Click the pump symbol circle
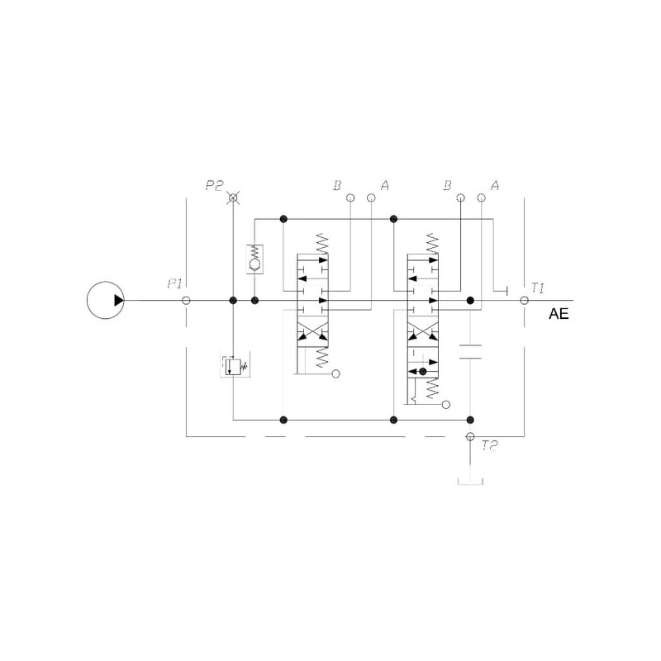(x=88, y=300)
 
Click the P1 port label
(x=174, y=283)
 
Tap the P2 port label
(x=214, y=185)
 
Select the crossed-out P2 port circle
(x=233, y=197)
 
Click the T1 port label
(x=538, y=288)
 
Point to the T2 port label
(x=490, y=445)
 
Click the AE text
(x=559, y=314)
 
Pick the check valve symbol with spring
(x=254, y=259)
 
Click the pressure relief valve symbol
(x=235, y=364)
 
